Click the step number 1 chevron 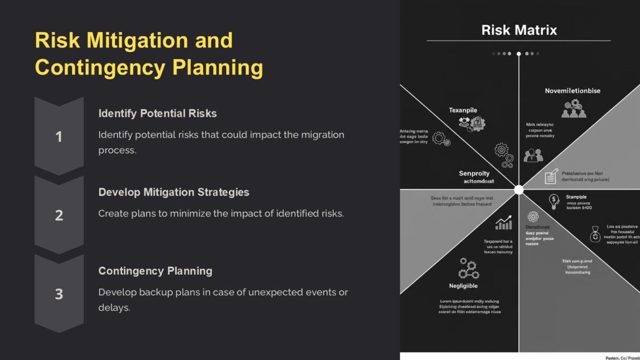(x=59, y=137)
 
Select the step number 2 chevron (x=59, y=215)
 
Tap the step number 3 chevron (x=59, y=293)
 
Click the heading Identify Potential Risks (x=157, y=113)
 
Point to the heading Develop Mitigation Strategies (x=173, y=192)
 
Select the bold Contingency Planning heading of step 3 (x=155, y=270)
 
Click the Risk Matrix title (x=518, y=30)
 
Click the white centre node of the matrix (x=518, y=189)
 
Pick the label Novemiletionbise (x=572, y=91)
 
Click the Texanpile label (x=462, y=110)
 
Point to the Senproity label (x=474, y=173)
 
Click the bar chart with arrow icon (x=503, y=223)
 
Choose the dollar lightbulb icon (x=554, y=201)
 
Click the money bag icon (x=595, y=234)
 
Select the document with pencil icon (x=551, y=177)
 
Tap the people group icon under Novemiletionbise (x=573, y=109)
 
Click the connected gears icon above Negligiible (x=468, y=269)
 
